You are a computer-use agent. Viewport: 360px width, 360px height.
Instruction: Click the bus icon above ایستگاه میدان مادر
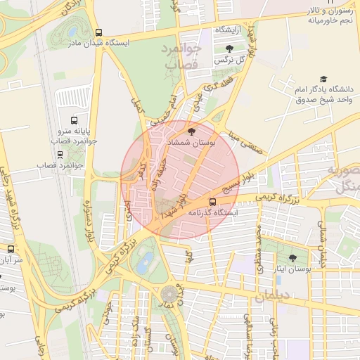click(98, 32)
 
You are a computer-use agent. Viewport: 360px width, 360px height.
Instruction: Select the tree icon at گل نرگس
click(230, 49)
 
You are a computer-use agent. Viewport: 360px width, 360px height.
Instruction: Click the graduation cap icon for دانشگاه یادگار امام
click(323, 79)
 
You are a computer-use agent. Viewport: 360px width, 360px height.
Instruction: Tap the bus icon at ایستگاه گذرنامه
click(213, 201)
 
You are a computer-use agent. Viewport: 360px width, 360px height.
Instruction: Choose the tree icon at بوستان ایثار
click(292, 258)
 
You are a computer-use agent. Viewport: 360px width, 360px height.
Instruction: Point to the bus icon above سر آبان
click(11, 249)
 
